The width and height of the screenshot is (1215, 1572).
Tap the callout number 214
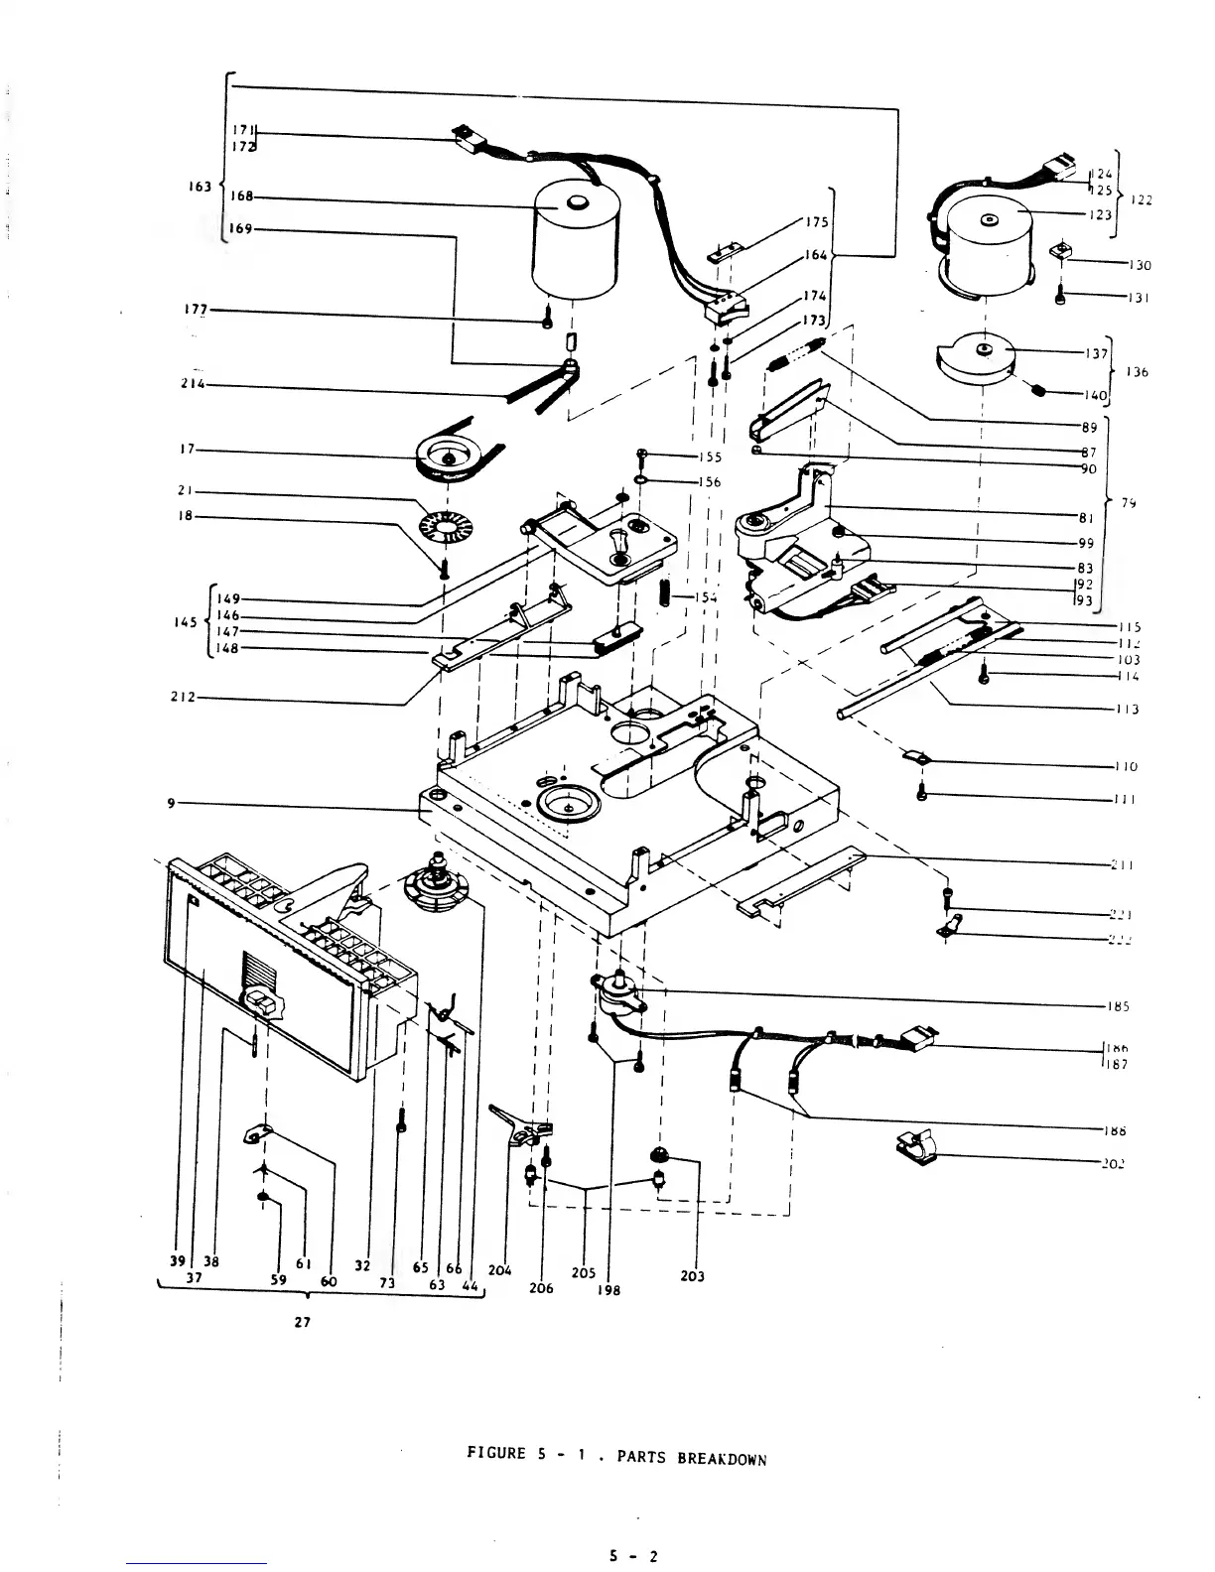[193, 385]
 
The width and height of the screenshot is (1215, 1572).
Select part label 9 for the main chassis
[171, 803]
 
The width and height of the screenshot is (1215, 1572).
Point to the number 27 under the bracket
[303, 1323]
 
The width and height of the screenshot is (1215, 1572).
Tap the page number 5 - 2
[633, 1556]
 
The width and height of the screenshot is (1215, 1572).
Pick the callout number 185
[1119, 1006]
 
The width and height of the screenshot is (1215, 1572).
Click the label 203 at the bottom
[693, 1276]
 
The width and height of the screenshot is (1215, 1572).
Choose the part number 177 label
[197, 310]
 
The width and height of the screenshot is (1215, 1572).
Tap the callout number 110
[1126, 766]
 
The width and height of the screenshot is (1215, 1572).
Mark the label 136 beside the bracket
[1138, 372]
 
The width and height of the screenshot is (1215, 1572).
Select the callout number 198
[609, 1291]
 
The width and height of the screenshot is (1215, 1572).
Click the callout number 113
[1127, 709]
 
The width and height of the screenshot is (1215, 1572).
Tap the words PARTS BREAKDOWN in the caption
[692, 1458]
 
